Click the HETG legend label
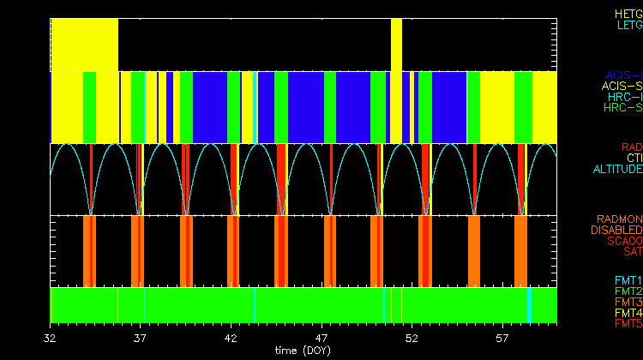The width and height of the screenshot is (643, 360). click(x=628, y=15)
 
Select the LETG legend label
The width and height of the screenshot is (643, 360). click(x=628, y=26)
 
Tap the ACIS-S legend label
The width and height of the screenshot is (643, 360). click(x=622, y=87)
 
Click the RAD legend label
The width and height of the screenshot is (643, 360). click(x=631, y=147)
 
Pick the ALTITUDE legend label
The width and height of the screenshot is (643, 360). click(x=617, y=170)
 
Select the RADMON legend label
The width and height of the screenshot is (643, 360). click(x=619, y=219)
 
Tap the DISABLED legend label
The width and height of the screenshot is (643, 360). click(x=616, y=230)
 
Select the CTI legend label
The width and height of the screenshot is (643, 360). click(x=634, y=159)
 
